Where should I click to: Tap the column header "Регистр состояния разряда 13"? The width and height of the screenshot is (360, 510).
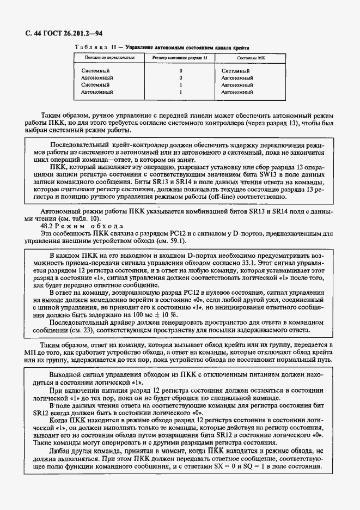tap(180, 57)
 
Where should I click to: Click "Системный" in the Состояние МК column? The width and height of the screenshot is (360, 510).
tap(236, 71)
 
